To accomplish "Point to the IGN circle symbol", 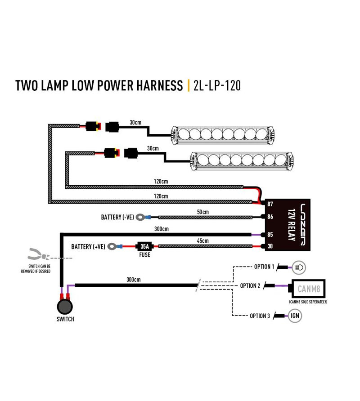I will pos(296,316).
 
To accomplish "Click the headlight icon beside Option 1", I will pos(299,267).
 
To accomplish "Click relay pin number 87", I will pos(270,204).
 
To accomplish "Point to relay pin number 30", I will pos(270,246).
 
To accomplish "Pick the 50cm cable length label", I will pos(203,212).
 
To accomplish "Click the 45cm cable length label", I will pos(203,241).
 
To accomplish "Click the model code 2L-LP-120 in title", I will pos(216,85).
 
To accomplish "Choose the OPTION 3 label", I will pos(259,316).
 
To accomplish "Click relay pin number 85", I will pos(270,235).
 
